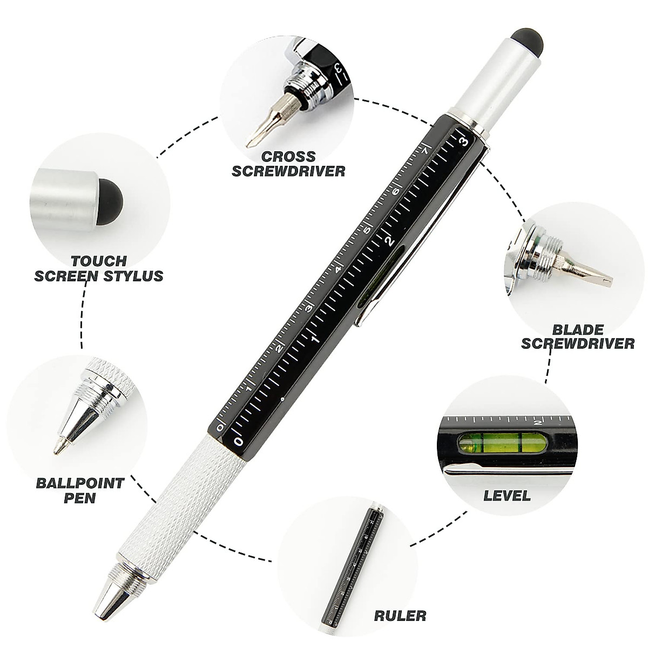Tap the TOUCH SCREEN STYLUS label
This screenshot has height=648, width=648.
[x=99, y=268]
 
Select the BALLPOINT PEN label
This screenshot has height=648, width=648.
[x=79, y=489]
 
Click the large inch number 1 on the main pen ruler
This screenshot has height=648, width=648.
[x=315, y=339]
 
